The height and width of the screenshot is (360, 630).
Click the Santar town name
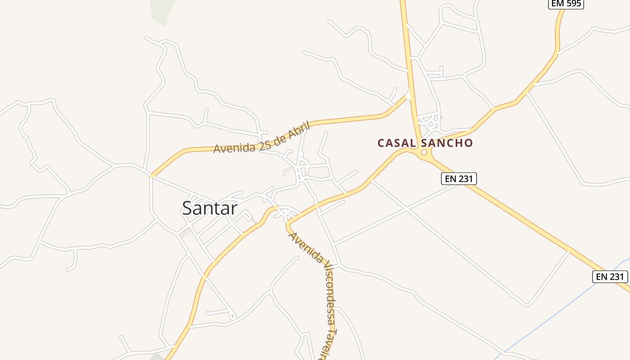pos(210,208)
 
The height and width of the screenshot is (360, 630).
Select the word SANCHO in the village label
pos(446,143)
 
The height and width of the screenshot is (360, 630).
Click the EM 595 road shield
pos(566,4)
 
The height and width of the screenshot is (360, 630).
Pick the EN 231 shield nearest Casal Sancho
pos(458,179)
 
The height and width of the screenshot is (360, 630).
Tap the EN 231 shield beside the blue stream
pos(610,277)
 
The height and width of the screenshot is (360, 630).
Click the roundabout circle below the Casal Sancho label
pos(424,153)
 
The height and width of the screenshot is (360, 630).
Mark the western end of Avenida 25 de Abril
pos(152,175)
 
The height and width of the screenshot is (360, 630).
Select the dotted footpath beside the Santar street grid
pos(255,221)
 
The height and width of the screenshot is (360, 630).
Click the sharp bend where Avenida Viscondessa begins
pos(288,224)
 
